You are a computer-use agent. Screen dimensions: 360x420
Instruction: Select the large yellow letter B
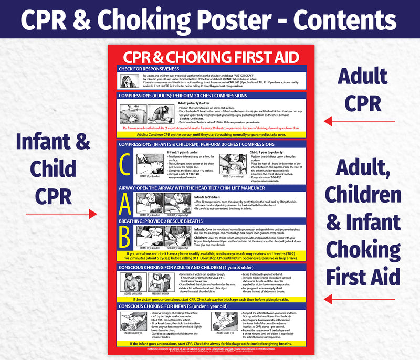[125, 237]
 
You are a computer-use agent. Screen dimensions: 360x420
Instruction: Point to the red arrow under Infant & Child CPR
[61, 214]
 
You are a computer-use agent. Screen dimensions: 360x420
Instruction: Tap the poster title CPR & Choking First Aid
[211, 57]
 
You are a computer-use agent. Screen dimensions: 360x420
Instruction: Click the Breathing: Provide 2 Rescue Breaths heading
[161, 221]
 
